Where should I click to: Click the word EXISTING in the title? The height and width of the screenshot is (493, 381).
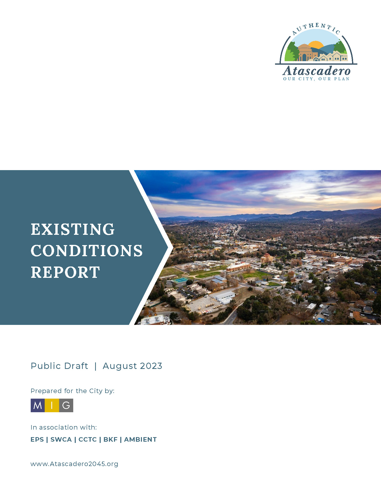click(72, 229)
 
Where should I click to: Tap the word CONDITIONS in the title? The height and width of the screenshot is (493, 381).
click(87, 251)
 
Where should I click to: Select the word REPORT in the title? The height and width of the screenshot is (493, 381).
click(65, 272)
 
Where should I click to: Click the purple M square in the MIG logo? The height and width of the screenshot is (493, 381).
click(38, 405)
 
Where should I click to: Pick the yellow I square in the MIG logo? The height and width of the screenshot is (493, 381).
click(52, 405)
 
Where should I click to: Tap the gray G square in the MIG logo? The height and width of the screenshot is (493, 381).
click(66, 405)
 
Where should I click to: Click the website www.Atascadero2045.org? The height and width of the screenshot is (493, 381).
click(74, 464)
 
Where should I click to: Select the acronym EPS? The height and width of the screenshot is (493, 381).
click(37, 439)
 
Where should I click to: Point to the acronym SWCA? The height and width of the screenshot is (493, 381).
click(61, 439)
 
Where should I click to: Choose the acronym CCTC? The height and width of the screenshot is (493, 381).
click(88, 439)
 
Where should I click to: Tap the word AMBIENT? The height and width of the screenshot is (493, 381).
click(140, 439)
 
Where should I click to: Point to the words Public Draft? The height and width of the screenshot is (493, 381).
click(59, 366)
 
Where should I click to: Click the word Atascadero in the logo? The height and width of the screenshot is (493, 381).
click(316, 71)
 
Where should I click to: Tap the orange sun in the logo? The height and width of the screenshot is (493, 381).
click(316, 45)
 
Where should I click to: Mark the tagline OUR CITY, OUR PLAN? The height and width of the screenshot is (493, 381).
click(316, 79)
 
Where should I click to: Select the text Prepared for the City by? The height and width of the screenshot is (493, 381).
click(72, 391)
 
